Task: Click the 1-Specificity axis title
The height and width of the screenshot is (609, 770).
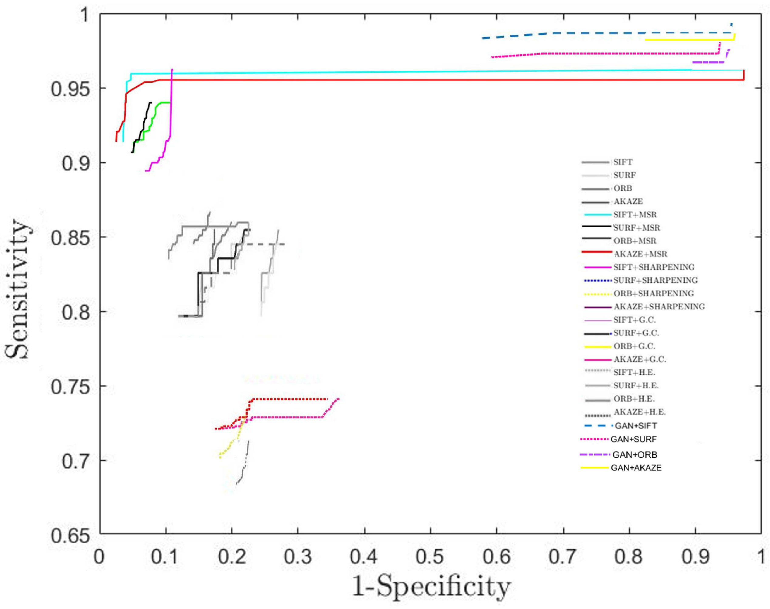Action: click(x=431, y=587)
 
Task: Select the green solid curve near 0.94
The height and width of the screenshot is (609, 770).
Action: click(x=162, y=103)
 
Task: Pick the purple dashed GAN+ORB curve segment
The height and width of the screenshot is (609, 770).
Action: click(x=707, y=62)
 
